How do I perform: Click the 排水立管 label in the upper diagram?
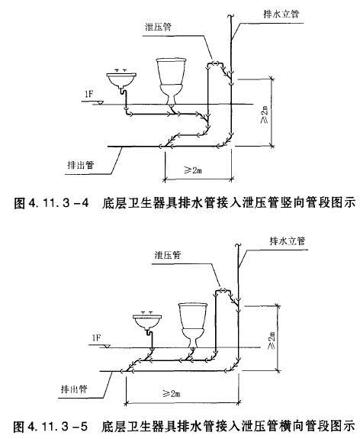(281, 14)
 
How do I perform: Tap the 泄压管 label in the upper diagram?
(158, 27)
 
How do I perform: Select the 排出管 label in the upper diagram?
(81, 165)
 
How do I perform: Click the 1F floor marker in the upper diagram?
(89, 95)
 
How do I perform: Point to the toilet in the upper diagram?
(171, 81)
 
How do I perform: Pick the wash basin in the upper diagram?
(121, 80)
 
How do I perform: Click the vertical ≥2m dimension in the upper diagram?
(265, 115)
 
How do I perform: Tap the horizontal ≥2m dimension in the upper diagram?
(193, 169)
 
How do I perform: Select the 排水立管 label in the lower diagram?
(288, 240)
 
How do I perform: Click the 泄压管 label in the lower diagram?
(168, 254)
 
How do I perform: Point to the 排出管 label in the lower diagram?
(74, 389)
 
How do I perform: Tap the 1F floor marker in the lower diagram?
(96, 338)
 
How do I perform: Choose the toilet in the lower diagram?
(193, 325)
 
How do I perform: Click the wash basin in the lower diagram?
(147, 321)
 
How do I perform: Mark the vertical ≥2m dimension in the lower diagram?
(272, 341)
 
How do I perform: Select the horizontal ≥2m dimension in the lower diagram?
(172, 393)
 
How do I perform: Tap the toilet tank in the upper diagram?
(171, 72)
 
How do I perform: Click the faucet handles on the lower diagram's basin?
(147, 313)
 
